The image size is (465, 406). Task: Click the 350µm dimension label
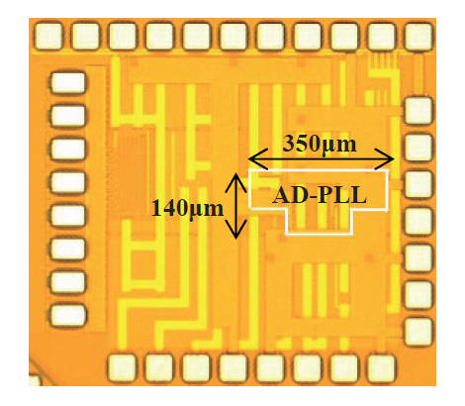(x=320, y=145)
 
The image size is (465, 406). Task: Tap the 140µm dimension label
(x=187, y=208)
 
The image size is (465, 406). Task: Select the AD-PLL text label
(x=320, y=195)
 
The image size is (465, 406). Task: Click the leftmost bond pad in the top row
(x=48, y=36)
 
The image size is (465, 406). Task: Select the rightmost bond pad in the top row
(x=418, y=36)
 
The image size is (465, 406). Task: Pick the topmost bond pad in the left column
(x=68, y=82)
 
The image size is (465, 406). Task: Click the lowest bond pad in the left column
(x=68, y=316)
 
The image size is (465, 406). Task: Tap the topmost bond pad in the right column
(x=418, y=110)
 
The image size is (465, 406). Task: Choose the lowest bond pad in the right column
(x=418, y=332)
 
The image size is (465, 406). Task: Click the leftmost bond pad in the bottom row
(x=123, y=368)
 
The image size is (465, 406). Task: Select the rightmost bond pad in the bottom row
(x=382, y=368)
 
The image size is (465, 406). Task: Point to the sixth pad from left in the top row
(x=233, y=36)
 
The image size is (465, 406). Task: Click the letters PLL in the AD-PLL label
(x=343, y=195)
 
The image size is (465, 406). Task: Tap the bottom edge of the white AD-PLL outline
(x=320, y=235)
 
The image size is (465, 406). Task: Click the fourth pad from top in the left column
(x=68, y=182)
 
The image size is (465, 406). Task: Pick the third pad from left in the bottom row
(x=197, y=368)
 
